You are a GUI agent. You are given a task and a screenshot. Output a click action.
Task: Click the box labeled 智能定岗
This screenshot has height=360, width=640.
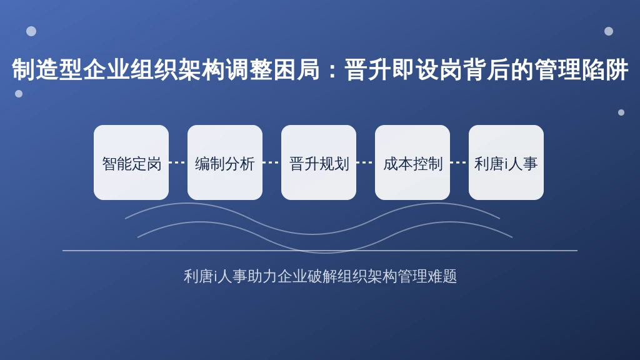(x=131, y=162)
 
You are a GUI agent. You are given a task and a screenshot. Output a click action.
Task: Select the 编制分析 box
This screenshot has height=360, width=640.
(x=225, y=162)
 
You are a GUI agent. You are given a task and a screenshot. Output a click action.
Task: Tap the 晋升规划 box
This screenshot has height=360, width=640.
(x=319, y=162)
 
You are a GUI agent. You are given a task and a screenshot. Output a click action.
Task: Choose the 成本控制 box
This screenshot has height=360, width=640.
(x=412, y=162)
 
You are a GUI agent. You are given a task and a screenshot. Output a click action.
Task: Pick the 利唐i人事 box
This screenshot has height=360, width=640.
(x=506, y=162)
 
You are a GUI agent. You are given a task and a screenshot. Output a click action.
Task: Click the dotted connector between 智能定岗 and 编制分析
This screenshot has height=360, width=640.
(x=178, y=162)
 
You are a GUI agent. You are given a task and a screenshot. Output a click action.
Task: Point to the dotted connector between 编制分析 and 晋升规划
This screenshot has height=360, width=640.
(x=272, y=162)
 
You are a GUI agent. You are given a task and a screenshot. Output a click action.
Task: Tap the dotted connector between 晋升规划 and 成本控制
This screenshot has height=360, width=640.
(x=365, y=162)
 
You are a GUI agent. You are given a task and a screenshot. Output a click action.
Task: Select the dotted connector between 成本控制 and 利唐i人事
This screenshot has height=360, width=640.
(x=459, y=162)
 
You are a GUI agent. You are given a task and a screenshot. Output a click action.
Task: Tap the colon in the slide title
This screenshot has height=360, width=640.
(x=332, y=70)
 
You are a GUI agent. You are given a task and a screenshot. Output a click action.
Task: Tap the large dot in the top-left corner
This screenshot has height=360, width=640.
(x=31, y=31)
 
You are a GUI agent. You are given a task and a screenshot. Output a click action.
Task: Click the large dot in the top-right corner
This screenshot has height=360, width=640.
(x=609, y=31)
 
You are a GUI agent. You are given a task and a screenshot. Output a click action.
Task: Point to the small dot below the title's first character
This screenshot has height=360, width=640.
(x=19, y=94)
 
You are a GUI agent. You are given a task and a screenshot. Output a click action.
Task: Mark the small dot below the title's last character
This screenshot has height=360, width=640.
(x=621, y=112)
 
